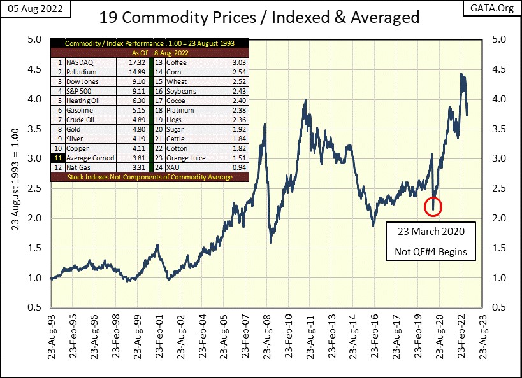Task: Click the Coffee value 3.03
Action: click(230, 63)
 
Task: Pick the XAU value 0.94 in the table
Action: click(230, 167)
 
